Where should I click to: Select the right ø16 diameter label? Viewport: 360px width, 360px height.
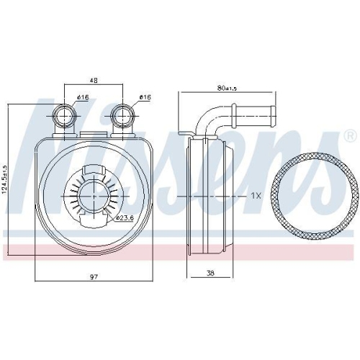pyautogui.click(x=143, y=97)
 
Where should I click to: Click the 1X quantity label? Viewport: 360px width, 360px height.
pyautogui.click(x=256, y=195)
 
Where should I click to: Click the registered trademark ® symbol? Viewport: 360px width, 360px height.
pyautogui.click(x=349, y=135)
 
